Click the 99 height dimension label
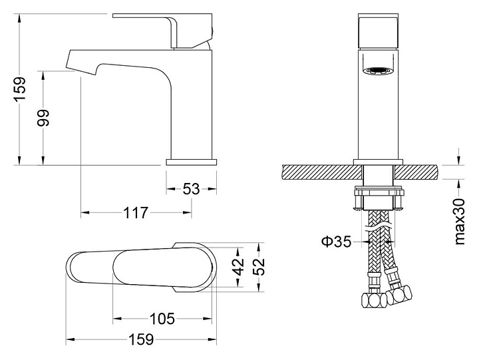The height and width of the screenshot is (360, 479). pyautogui.click(x=43, y=118)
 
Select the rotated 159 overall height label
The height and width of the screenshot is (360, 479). pyautogui.click(x=20, y=89)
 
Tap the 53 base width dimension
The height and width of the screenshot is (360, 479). pyautogui.click(x=191, y=189)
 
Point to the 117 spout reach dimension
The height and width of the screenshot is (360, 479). pyautogui.click(x=136, y=213)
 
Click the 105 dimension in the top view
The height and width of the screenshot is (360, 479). pyautogui.click(x=162, y=319)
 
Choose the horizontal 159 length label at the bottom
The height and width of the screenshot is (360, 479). pyautogui.click(x=141, y=339)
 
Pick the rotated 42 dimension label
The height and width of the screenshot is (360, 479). pyautogui.click(x=240, y=266)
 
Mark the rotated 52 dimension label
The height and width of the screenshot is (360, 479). pyautogui.click(x=260, y=267)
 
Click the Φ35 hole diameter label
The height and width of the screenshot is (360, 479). pyautogui.click(x=337, y=242)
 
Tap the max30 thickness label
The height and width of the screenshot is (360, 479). pyautogui.click(x=460, y=221)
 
